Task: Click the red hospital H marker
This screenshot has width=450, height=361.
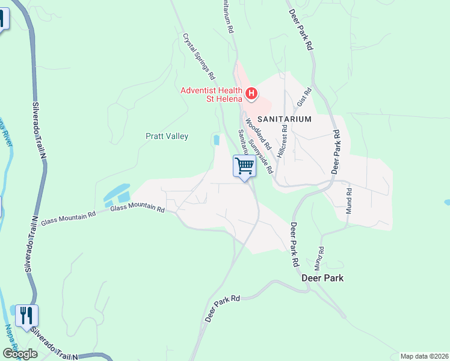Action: pyautogui.click(x=251, y=94)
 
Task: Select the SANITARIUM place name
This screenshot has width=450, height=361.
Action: pyautogui.click(x=285, y=119)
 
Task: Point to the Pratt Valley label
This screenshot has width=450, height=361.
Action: pyautogui.click(x=167, y=137)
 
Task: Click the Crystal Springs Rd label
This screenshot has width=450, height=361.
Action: pyautogui.click(x=199, y=57)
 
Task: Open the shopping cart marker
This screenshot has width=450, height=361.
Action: pyautogui.click(x=244, y=166)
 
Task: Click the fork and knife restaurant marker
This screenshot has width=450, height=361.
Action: pyautogui.click(x=26, y=315)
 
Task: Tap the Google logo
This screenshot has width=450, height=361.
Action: pyautogui.click(x=20, y=354)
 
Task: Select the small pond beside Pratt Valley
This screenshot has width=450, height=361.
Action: pyautogui.click(x=216, y=140)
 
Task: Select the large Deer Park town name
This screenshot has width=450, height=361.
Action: pyautogui.click(x=322, y=279)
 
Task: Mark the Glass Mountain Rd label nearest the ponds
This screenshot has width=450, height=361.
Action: pyautogui.click(x=137, y=208)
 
